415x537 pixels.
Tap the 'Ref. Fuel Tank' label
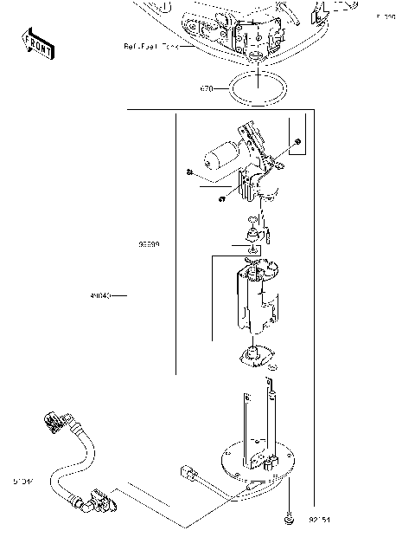coord(150,46)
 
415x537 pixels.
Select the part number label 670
coord(206,88)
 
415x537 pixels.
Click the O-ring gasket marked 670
coord(258,88)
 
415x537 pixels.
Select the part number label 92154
coord(320,520)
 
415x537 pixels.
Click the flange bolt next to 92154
coord(289,519)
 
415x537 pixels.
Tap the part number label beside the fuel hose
coord(23,479)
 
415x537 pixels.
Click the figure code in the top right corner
coord(385,16)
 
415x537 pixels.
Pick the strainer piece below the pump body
coord(255,354)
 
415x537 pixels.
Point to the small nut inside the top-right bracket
coord(297,141)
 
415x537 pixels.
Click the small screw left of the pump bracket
coord(188,171)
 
